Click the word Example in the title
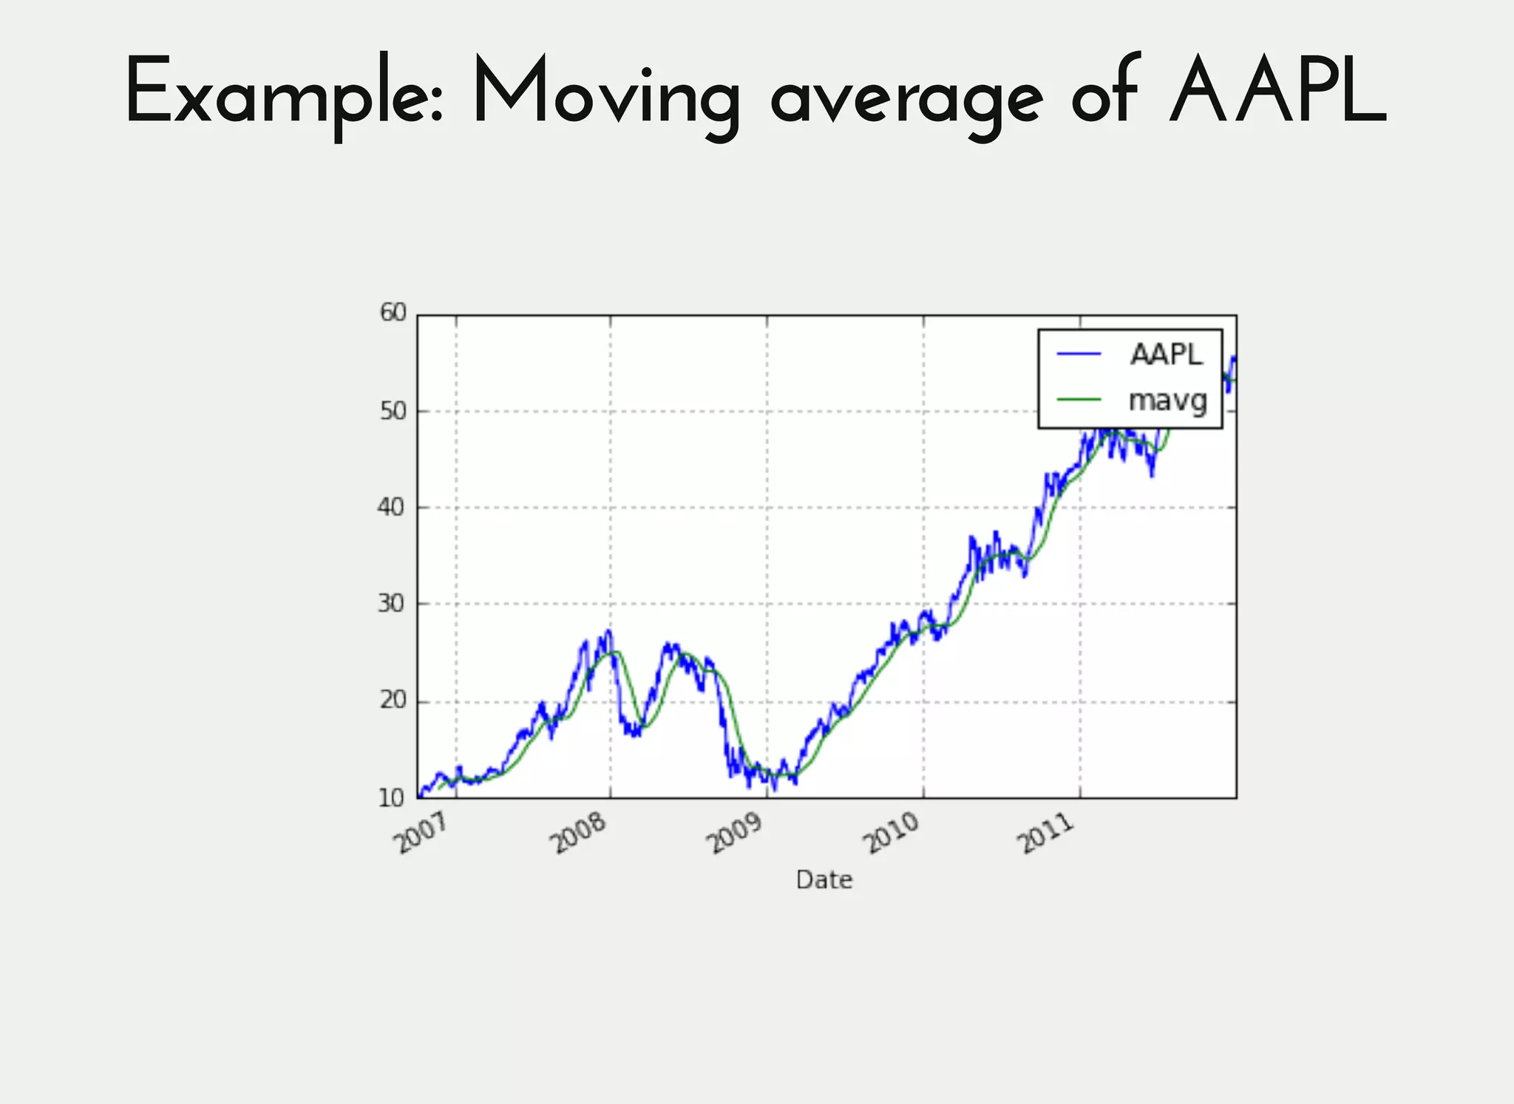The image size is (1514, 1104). click(284, 92)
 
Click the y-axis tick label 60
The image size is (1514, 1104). click(393, 313)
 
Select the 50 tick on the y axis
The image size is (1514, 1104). click(393, 410)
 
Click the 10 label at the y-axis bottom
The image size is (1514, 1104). click(393, 798)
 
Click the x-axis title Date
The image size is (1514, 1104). click(824, 880)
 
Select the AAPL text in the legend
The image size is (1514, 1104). click(1166, 355)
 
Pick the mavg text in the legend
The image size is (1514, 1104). click(1167, 401)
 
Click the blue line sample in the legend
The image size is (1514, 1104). click(1079, 355)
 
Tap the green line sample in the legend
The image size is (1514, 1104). click(1079, 400)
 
